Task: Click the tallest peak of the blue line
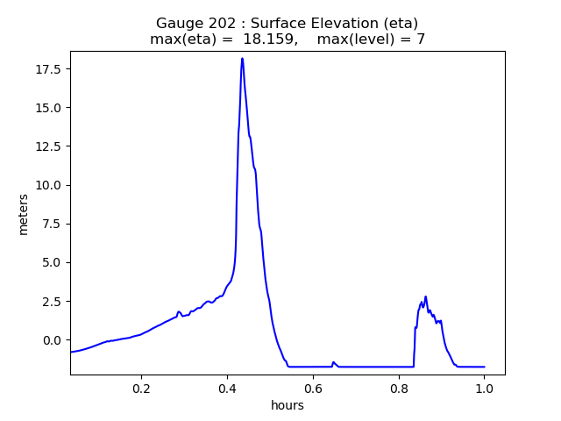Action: (242, 59)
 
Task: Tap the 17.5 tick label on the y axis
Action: (49, 69)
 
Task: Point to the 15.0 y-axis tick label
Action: (49, 108)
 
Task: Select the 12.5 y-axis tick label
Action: (49, 146)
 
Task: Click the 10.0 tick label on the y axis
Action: (49, 185)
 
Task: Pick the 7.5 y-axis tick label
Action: (53, 224)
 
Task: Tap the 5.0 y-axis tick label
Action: (53, 262)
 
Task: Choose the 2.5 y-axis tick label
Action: (53, 301)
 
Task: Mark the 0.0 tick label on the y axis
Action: (53, 340)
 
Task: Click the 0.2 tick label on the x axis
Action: (141, 388)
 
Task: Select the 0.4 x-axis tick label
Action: (227, 388)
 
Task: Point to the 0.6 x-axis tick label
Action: (313, 388)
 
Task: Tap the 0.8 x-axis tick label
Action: (398, 388)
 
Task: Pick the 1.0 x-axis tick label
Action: (484, 388)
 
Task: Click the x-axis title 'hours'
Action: (288, 405)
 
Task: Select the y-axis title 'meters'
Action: (24, 214)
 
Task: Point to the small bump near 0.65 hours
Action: (333, 362)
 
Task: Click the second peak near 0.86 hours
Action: (425, 296)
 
